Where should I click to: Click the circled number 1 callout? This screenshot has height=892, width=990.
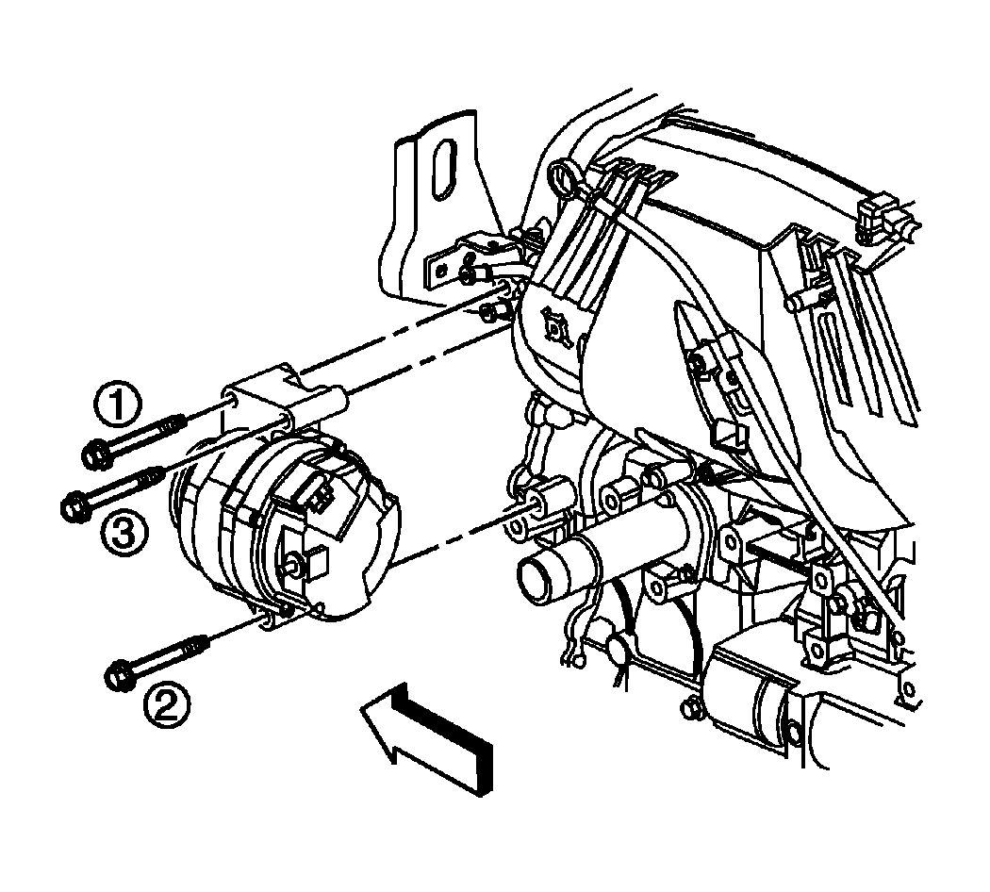coord(118,405)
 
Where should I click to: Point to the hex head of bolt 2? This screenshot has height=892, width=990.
coord(119,674)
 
